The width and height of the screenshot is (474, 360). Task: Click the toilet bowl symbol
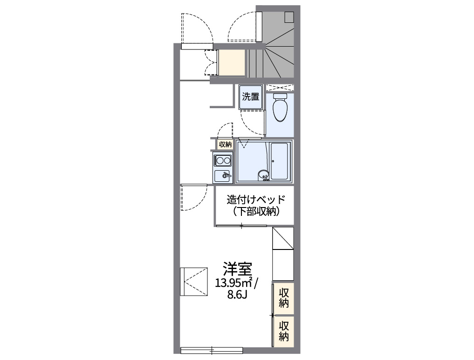point(280,108)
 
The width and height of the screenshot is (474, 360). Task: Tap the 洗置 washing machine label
point(250,97)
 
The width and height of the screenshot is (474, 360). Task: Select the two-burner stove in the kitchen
point(223,161)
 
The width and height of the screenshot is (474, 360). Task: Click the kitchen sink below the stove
point(223,176)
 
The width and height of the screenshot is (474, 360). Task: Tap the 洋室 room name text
point(237,269)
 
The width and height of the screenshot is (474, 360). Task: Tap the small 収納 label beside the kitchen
point(225,145)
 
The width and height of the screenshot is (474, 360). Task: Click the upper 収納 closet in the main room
point(284,298)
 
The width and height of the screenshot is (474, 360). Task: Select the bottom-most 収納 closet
point(284,331)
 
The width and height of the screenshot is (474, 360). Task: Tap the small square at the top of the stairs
point(289,16)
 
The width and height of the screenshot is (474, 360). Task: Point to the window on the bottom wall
point(212,349)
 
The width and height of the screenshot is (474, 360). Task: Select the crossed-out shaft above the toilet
point(280,87)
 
